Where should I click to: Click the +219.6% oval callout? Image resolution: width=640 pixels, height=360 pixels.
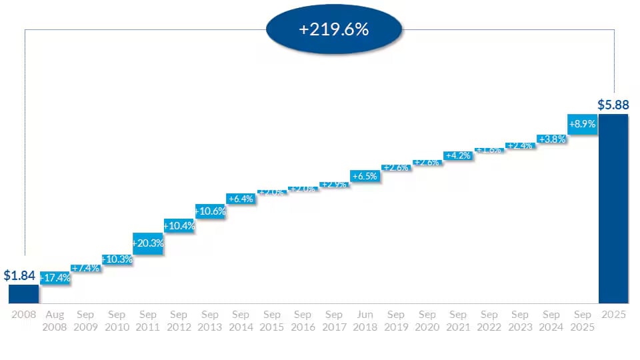334,30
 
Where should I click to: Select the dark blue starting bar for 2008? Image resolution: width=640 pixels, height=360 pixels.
23,294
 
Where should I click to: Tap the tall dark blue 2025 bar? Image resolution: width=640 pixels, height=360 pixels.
613,209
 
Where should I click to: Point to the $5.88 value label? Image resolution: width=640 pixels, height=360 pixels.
613,105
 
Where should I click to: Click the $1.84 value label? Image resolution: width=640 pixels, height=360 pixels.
19,275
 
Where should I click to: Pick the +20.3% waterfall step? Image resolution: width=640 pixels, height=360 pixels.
148,243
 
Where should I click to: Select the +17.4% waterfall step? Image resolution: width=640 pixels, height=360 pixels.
55,277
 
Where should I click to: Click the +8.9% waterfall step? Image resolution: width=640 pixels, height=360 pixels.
581,124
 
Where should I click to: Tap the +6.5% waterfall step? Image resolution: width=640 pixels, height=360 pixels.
365,177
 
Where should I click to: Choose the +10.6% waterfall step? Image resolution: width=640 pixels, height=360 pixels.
210,211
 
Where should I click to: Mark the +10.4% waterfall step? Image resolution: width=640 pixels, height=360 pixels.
179,226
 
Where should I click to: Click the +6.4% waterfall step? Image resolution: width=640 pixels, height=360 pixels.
241,199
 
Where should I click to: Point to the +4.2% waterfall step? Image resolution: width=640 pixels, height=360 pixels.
459,155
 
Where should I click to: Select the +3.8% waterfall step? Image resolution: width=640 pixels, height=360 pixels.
551,139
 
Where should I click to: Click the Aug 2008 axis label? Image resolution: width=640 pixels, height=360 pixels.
55,321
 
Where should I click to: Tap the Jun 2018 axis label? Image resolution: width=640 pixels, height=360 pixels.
365,321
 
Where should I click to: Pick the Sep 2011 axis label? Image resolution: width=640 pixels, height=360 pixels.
148,321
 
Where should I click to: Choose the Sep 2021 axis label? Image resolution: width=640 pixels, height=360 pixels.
458,321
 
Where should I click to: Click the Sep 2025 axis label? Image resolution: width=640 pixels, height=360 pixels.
582,321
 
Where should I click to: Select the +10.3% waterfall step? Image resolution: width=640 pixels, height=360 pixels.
117,259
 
